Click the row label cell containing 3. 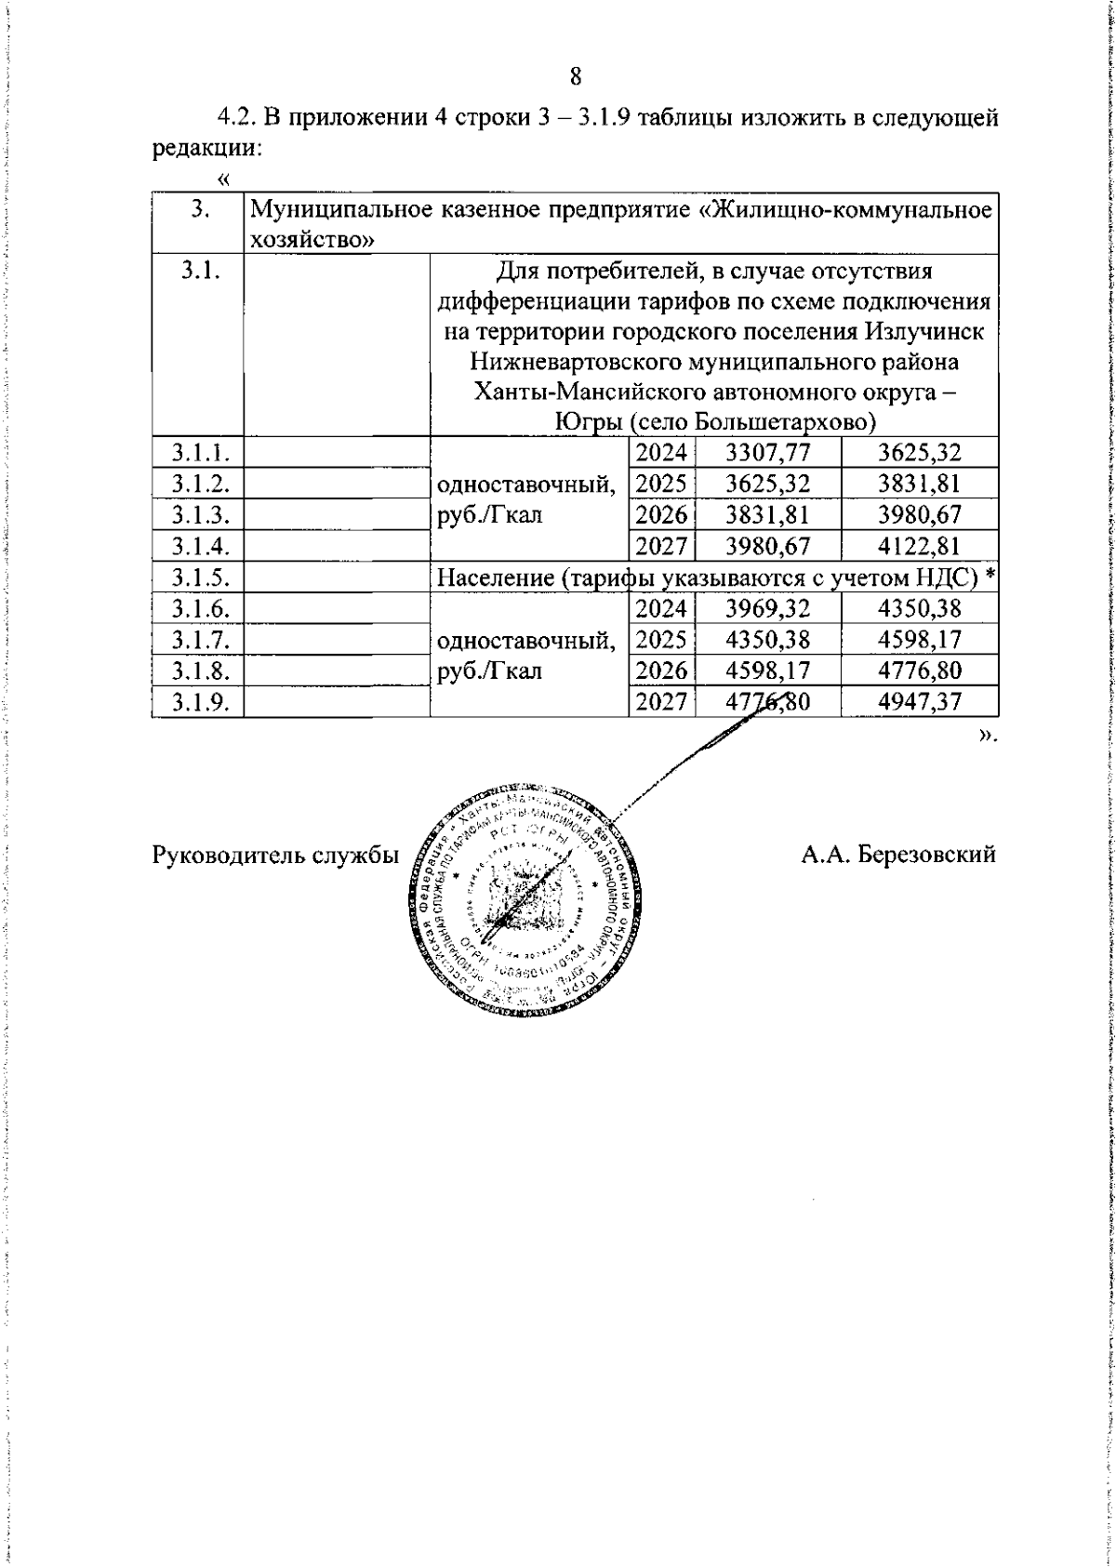coord(197,209)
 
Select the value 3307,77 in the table coord(768,453)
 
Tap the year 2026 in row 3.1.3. coord(662,514)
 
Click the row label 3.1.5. coord(197,578)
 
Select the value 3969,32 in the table coord(768,609)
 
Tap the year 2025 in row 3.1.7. coord(662,640)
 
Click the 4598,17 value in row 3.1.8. coord(768,671)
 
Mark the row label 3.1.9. coord(197,702)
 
